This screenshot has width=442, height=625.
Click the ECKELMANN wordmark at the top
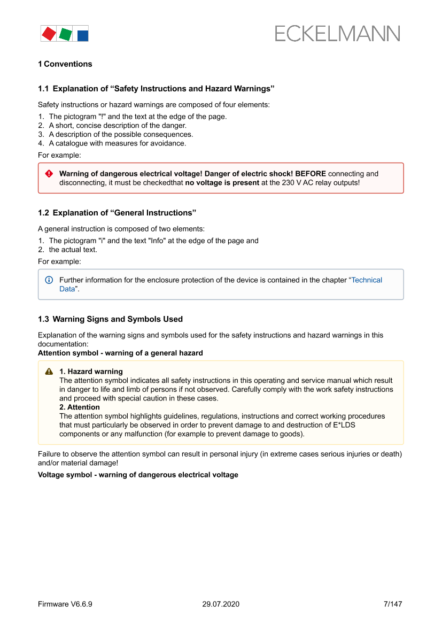[337, 33]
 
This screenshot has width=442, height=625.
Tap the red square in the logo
[49, 34]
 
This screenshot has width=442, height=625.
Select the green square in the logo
[65, 34]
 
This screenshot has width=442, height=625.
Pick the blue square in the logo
[83, 35]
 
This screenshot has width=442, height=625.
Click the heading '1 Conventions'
[65, 64]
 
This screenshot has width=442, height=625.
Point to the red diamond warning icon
[49, 174]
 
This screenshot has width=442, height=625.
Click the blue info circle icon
[49, 280]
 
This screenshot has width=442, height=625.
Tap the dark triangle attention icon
[49, 372]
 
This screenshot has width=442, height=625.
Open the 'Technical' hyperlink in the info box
[367, 280]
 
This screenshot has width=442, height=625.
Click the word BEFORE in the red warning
[311, 174]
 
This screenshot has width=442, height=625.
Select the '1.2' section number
[43, 213]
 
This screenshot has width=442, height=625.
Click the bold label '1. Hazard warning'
[91, 372]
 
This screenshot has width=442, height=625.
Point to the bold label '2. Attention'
[80, 407]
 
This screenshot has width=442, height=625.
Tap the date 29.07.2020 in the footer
[221, 604]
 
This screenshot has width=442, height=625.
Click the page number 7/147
[393, 604]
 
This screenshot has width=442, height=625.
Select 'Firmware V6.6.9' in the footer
[65, 604]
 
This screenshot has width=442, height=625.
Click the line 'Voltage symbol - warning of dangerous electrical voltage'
[138, 475]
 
